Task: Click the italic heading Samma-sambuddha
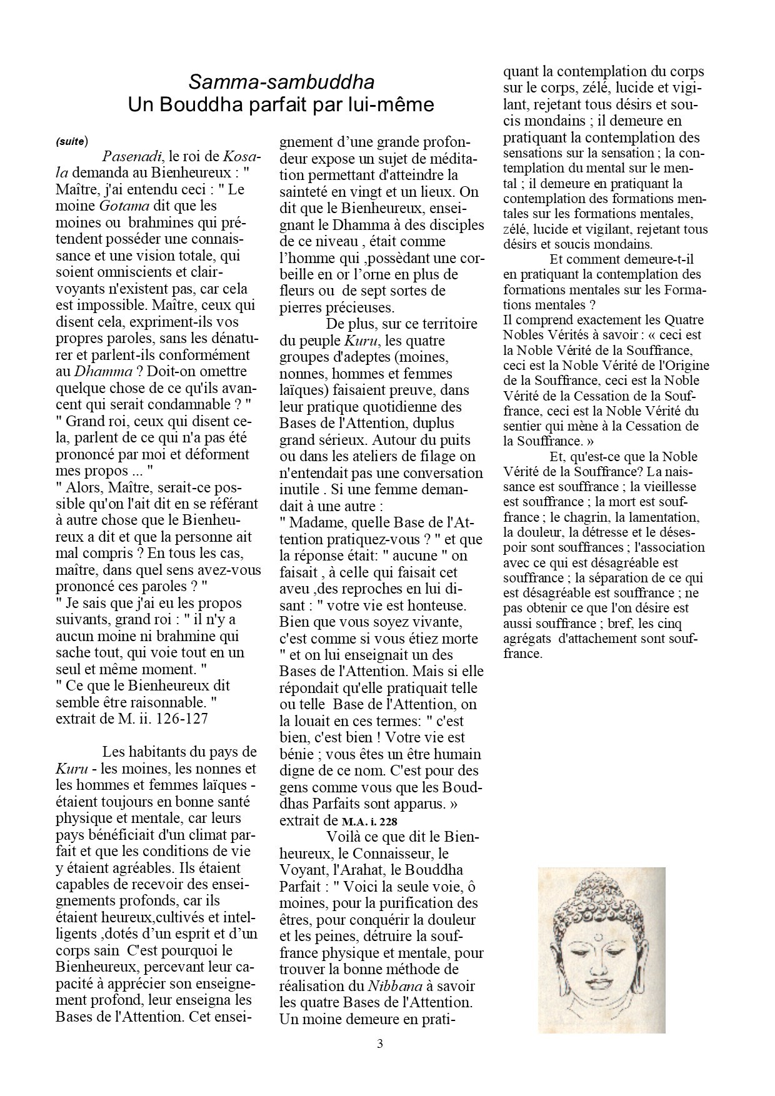pyautogui.click(x=281, y=82)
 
